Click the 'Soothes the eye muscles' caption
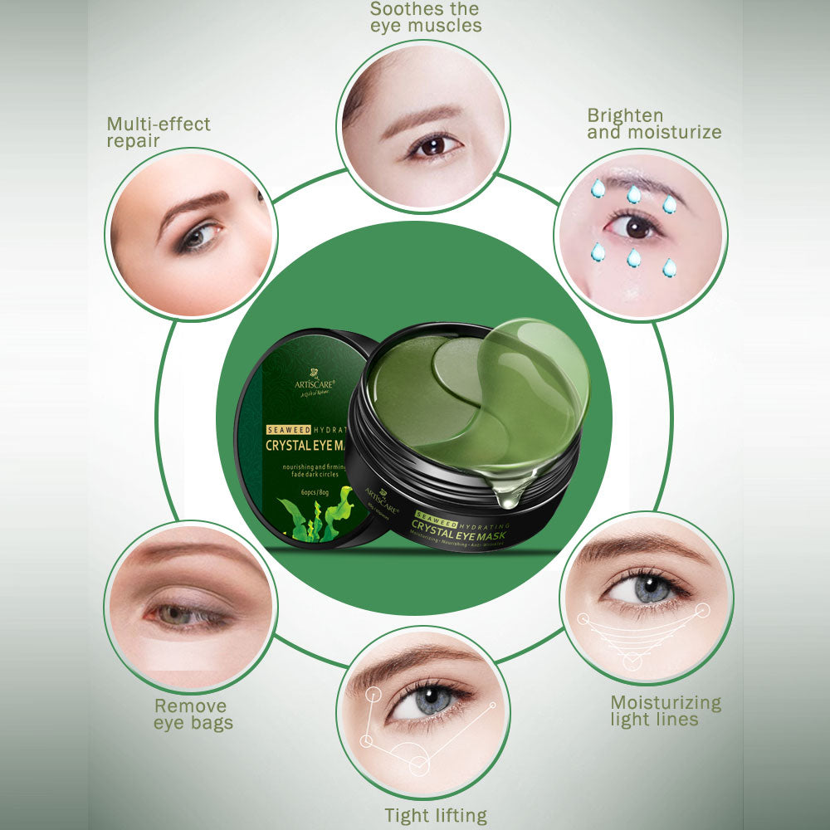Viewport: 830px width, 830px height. tap(425, 17)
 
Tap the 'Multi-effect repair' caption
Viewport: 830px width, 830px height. tap(158, 132)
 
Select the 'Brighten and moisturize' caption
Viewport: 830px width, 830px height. tap(654, 124)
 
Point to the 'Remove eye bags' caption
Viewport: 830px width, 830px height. tap(193, 715)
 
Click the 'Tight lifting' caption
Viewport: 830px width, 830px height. tap(435, 815)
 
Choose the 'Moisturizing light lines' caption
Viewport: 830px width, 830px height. tap(666, 711)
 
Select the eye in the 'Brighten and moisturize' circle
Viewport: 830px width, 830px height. tap(635, 226)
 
